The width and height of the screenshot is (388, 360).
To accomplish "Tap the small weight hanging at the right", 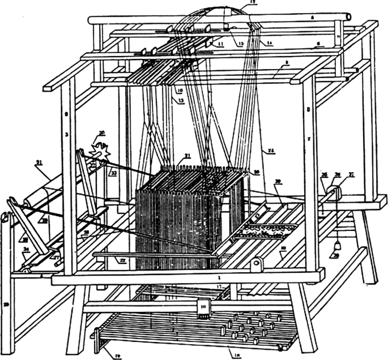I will [338, 245].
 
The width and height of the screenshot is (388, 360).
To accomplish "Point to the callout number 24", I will [271, 151].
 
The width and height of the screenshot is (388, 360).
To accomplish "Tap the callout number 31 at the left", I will [39, 163].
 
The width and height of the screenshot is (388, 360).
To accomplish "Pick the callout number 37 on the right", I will [351, 175].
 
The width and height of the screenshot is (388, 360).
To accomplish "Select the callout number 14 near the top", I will [269, 42].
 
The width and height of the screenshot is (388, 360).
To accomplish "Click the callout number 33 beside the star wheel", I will [113, 173].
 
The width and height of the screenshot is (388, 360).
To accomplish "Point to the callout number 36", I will [325, 175].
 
